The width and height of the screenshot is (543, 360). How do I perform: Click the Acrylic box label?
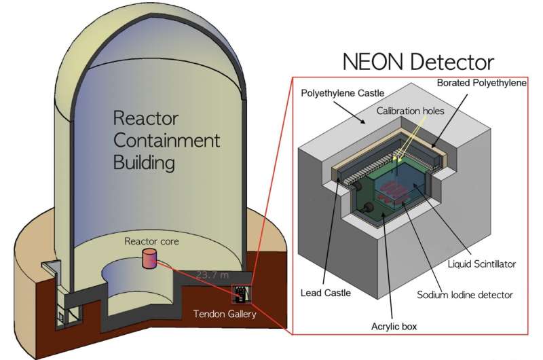tap(393, 326)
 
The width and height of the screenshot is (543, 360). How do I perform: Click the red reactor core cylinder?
tap(149, 260)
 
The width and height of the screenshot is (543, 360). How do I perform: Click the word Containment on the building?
tap(167, 141)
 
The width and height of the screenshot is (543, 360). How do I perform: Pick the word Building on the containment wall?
tap(145, 163)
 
